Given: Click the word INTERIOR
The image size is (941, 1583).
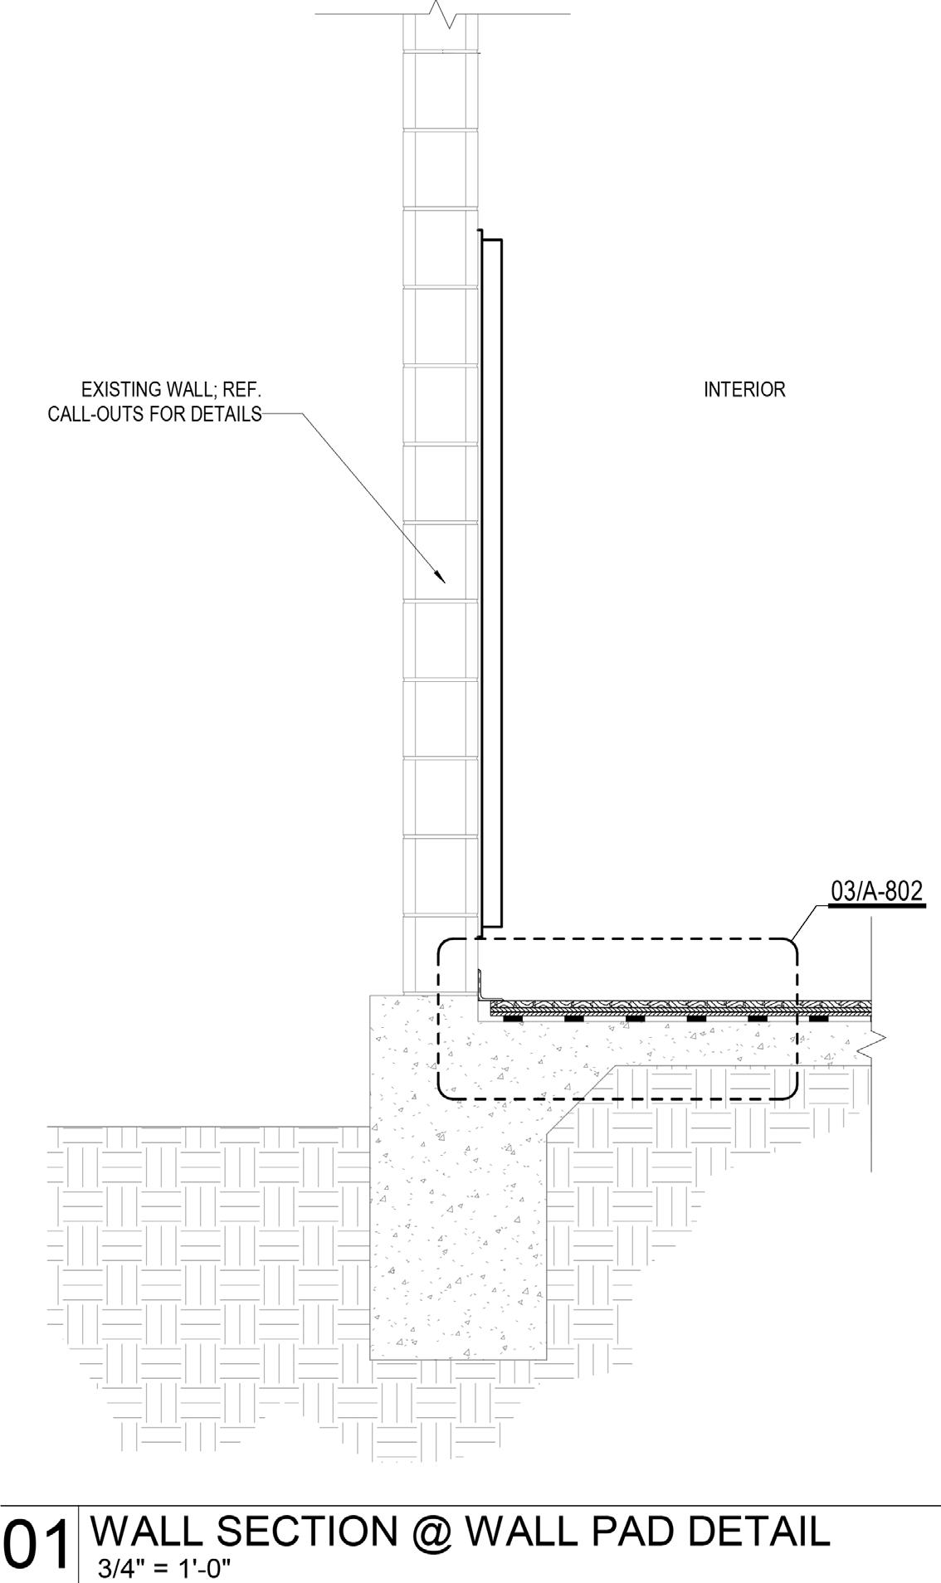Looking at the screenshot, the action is coord(744,389).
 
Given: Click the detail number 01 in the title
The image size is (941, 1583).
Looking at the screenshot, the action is coord(37,1544).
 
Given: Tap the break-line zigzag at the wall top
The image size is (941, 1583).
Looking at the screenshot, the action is coord(440,13).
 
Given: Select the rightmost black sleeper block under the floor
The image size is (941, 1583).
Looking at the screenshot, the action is coord(819,1018).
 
